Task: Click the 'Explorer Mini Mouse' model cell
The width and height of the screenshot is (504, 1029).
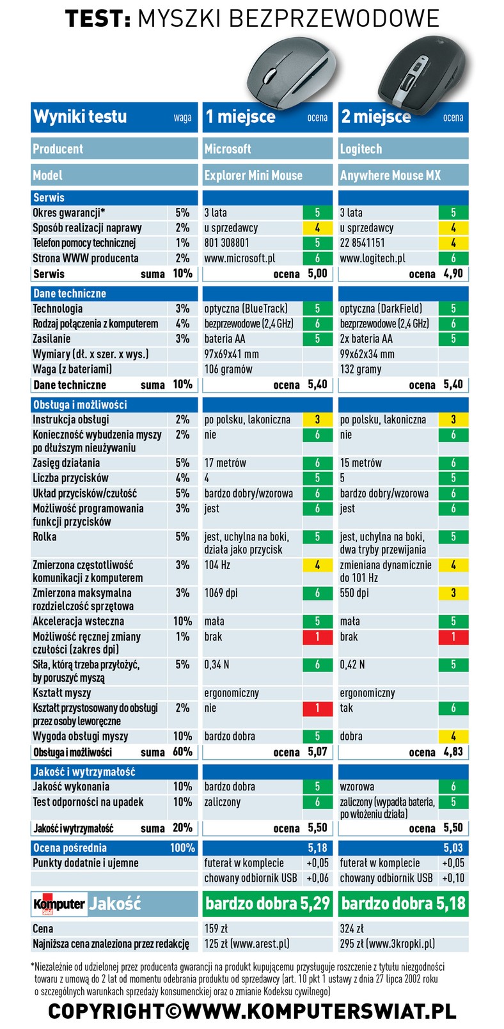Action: coord(253,175)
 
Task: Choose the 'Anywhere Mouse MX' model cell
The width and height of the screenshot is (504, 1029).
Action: coord(390,175)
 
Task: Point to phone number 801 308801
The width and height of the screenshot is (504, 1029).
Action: coord(226,243)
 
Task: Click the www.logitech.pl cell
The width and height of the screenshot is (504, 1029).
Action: coord(373,258)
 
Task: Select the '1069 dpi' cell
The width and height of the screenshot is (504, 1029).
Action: coord(221,593)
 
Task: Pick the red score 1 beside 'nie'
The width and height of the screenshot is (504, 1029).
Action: coord(317,709)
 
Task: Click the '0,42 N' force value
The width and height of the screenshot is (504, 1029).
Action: coord(352,664)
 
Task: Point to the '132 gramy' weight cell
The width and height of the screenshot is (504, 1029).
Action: coord(361,370)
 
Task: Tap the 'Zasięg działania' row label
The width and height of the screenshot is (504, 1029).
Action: coord(66,463)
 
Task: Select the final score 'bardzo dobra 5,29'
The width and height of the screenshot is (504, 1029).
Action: coord(267,904)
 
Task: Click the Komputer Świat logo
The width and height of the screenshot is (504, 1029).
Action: coord(59,904)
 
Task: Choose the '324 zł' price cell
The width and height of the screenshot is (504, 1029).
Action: coord(352,929)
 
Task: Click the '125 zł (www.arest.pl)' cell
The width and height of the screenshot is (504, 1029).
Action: coord(247,944)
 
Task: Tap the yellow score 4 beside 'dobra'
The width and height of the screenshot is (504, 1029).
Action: coord(453,736)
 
